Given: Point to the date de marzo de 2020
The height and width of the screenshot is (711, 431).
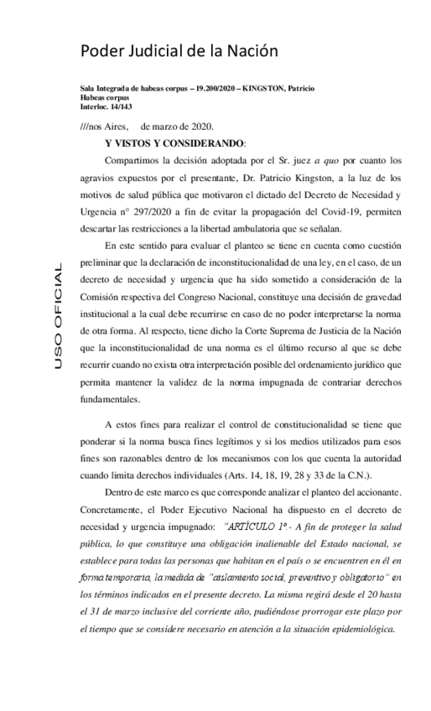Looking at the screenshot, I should pyautogui.click(x=190, y=126).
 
